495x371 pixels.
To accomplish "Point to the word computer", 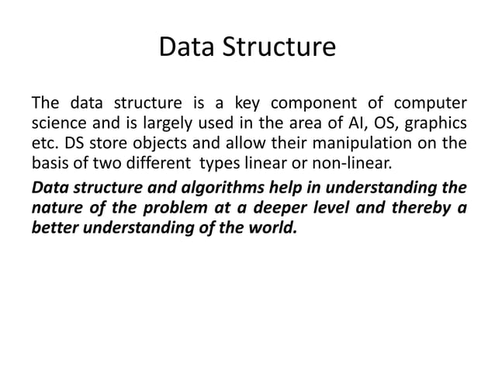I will [428, 103].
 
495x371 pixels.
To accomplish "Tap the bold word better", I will [53, 230].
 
